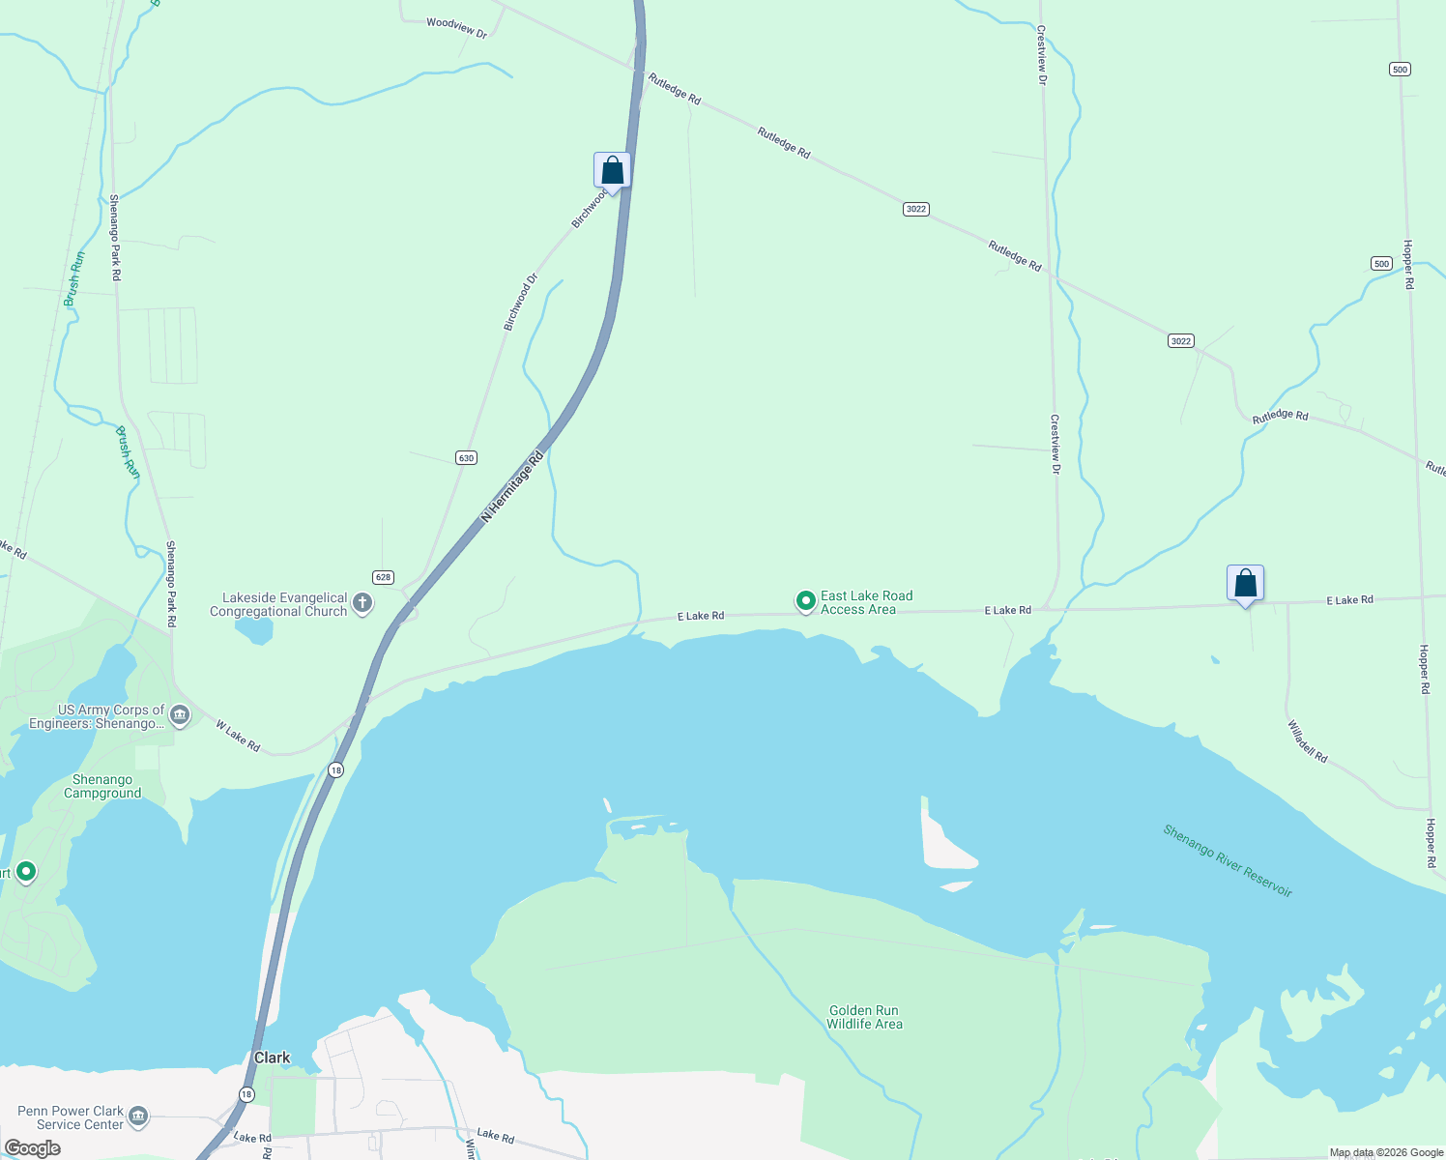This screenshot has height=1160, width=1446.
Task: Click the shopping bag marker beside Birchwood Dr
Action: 612,171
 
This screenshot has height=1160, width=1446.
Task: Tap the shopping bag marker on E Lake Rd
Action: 1245,583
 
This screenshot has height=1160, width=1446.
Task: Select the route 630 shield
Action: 467,457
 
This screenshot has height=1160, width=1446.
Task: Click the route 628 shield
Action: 384,577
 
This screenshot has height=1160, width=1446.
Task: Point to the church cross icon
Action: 362,604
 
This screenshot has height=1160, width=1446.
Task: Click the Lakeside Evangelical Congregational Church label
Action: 278,605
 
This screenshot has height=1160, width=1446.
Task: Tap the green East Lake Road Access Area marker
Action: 805,602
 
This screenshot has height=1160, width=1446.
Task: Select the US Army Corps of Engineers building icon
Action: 179,716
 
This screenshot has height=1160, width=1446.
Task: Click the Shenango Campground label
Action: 102,786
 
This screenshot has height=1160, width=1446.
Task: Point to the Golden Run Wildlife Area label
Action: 864,1017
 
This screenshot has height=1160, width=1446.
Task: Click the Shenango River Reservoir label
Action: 1228,860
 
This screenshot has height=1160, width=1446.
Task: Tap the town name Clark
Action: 272,1058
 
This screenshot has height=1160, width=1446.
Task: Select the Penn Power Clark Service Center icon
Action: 138,1117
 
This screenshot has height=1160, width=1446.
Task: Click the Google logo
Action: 33,1148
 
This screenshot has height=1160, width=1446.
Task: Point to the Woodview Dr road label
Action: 456,27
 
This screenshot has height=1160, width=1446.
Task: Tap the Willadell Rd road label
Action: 1308,740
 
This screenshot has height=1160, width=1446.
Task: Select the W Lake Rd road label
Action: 238,736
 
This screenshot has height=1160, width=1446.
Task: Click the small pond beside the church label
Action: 254,630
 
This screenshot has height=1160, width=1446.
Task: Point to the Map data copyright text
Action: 1386,1152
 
